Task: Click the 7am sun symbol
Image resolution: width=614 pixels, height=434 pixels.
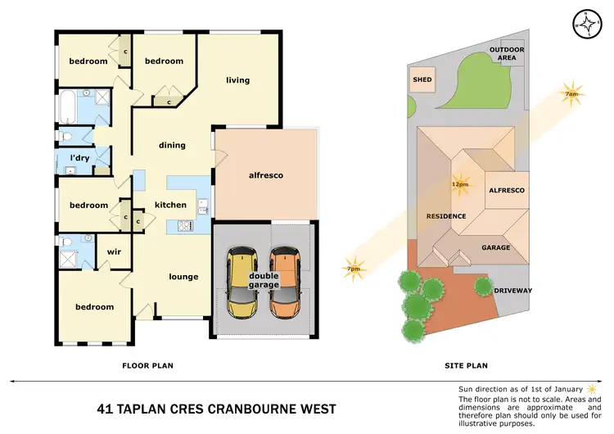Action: [571, 90]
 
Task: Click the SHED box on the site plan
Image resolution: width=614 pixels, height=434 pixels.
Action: [422, 80]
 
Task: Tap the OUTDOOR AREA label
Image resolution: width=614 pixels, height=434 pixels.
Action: [507, 54]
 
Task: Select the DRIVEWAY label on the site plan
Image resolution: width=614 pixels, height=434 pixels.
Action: [513, 290]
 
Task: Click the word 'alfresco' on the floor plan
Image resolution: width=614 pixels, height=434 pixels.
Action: [265, 175]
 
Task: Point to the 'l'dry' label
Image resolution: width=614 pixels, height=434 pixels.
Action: [79, 157]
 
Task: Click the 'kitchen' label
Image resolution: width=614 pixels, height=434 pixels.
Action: [170, 205]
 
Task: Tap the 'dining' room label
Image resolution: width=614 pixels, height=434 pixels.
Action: [172, 145]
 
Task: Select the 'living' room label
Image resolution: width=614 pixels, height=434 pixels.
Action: [237, 80]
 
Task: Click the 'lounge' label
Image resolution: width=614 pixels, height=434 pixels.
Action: [183, 276]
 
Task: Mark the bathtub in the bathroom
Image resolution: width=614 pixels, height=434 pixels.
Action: [68, 106]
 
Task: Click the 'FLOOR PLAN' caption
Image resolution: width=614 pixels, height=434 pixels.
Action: [147, 365]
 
